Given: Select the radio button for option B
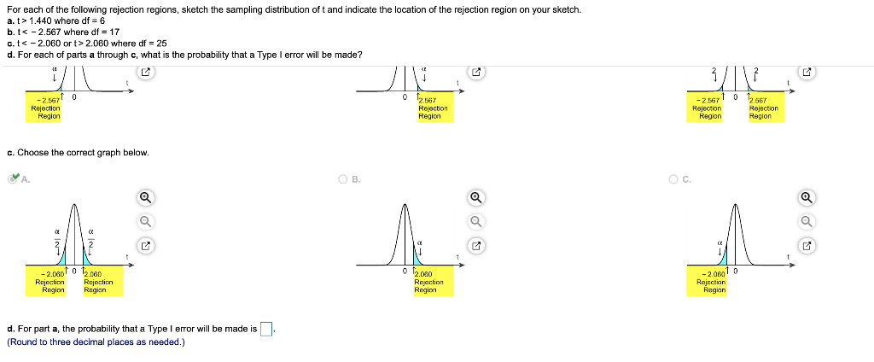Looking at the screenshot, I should [x=342, y=179].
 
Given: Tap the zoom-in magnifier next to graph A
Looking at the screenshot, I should [x=145, y=197].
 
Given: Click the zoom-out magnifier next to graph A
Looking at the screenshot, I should [x=145, y=221].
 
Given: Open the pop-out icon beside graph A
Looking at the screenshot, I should [x=145, y=246].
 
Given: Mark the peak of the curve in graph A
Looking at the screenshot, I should [x=74, y=206].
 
